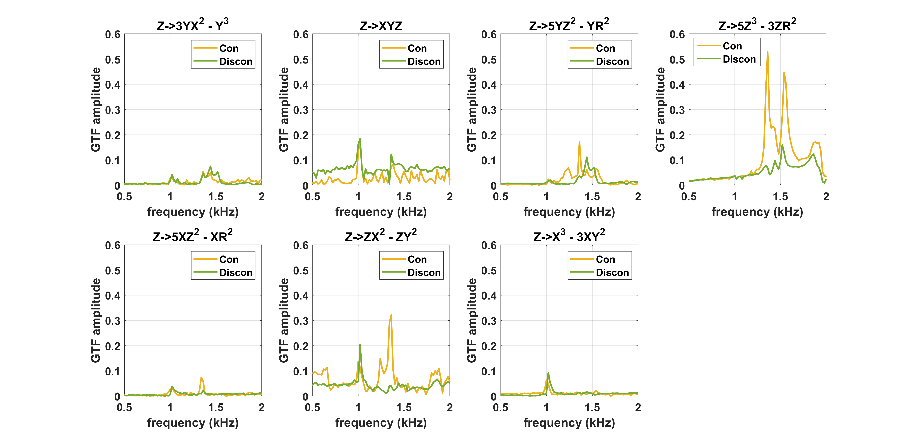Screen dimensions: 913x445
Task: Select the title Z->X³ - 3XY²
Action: click(569, 235)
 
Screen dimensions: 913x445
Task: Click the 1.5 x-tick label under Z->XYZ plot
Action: click(404, 197)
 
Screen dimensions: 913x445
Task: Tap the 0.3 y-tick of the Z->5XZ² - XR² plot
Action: click(113, 321)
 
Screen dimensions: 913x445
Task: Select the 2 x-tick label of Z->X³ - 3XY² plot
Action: click(638, 408)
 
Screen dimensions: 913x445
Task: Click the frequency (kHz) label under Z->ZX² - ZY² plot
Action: click(381, 423)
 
